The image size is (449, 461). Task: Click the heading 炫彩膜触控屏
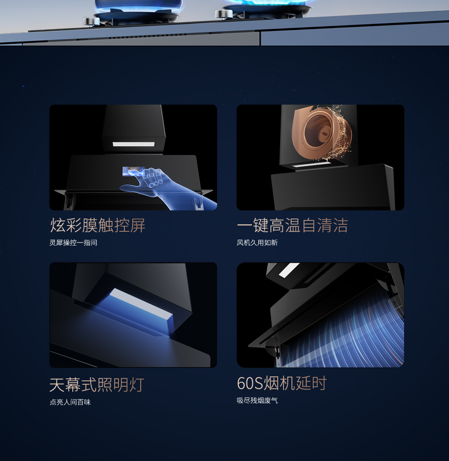coord(98,226)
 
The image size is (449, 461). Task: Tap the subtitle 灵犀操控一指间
coord(73,243)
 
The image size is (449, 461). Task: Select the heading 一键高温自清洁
coord(292,226)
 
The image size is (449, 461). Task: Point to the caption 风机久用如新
coord(257,243)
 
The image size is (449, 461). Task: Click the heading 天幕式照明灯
coord(97,385)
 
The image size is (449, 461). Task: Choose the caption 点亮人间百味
coord(70,402)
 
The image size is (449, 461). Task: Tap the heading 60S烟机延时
coord(282,383)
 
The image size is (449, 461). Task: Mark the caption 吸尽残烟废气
coord(257,400)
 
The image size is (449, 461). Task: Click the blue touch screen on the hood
coord(133,171)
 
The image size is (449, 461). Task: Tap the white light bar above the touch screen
coord(133,145)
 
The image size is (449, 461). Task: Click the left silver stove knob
coord(91,21)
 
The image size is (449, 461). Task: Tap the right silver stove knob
coord(224,14)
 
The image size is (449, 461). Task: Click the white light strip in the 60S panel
coord(289,270)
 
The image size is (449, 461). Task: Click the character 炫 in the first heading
coord(58,226)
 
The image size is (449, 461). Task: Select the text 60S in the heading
coord(250,383)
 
